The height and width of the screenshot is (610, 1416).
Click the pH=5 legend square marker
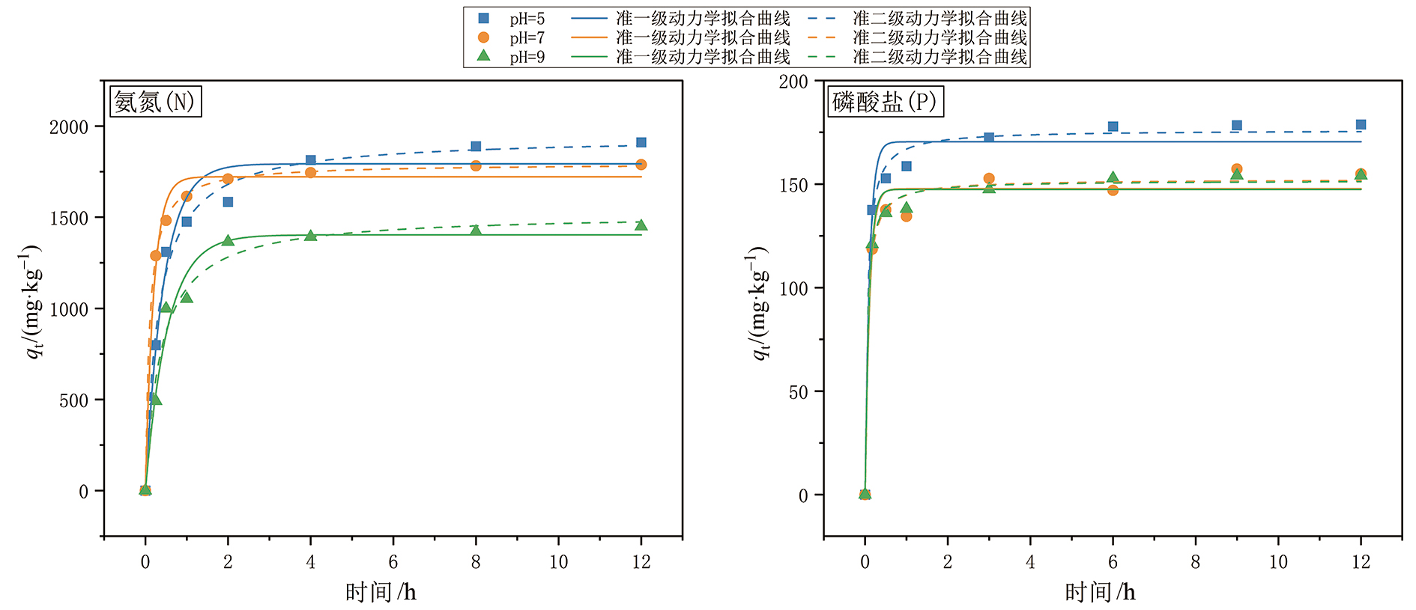click(x=483, y=19)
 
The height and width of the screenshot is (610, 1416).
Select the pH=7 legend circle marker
click(x=483, y=37)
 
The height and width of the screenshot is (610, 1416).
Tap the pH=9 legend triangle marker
click(x=483, y=56)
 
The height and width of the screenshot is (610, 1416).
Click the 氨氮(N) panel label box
click(x=156, y=101)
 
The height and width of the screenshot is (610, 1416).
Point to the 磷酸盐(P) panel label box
click(x=885, y=101)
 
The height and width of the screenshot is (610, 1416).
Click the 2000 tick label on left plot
click(x=69, y=127)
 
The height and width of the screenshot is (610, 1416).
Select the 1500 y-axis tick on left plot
click(x=69, y=219)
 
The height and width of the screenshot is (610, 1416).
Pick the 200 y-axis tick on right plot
click(x=793, y=82)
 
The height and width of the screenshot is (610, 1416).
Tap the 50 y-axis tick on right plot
click(x=798, y=392)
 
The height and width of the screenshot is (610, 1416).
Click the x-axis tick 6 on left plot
click(x=393, y=562)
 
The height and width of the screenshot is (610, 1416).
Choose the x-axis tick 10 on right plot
click(x=1278, y=562)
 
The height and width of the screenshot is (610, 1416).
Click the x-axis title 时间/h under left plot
click(x=381, y=593)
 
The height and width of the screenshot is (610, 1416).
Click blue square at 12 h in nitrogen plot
click(x=641, y=142)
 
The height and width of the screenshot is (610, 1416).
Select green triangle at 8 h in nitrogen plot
click(x=476, y=231)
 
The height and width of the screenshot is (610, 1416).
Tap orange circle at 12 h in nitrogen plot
click(x=641, y=165)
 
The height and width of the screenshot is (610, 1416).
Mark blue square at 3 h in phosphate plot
click(x=989, y=138)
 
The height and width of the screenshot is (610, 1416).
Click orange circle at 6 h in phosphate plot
click(x=1113, y=190)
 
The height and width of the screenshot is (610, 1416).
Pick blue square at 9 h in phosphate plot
click(x=1237, y=126)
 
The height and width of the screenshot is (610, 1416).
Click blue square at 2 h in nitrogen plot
click(x=228, y=202)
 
